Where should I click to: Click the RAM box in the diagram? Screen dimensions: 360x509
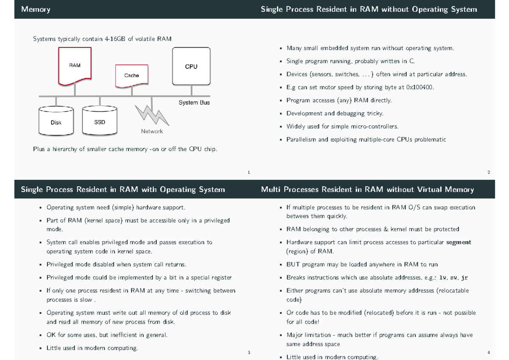tap(75, 65)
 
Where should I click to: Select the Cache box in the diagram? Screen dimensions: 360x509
tap(131, 75)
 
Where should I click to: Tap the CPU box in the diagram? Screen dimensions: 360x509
tap(191, 66)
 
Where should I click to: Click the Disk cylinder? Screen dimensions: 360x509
tap(56, 122)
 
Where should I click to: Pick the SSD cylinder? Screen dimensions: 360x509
tap(100, 122)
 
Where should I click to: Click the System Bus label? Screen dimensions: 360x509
tap(194, 103)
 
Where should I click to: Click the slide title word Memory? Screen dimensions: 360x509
tap(36, 9)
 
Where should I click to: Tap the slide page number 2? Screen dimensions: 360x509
tap(489, 172)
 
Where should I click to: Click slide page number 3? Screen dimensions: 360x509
tap(249, 352)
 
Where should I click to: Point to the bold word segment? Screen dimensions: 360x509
tap(459, 243)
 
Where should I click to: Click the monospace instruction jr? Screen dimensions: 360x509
tap(464, 278)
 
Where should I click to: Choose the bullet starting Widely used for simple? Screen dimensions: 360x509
tap(342, 126)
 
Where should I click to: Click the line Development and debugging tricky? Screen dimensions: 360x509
tap(335, 113)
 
